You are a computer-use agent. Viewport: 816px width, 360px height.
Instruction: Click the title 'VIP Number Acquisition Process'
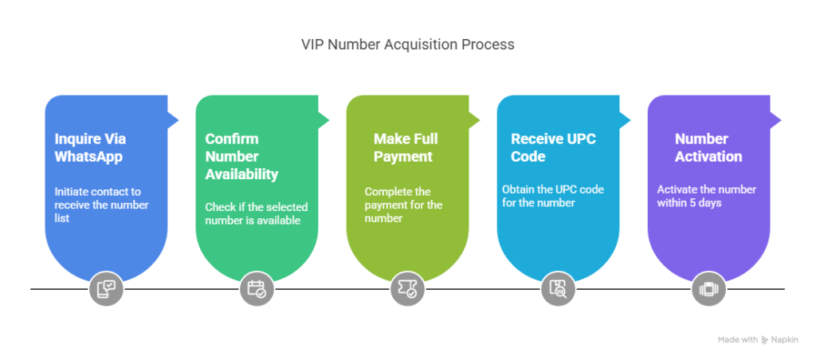[x=407, y=45]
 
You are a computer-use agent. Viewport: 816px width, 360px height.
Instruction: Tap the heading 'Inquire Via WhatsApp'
[x=89, y=147]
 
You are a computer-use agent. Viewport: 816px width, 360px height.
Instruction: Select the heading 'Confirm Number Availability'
[x=241, y=156]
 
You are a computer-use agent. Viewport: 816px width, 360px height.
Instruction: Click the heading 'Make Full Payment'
[x=406, y=147]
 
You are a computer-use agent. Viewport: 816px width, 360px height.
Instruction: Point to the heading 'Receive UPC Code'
[x=553, y=147]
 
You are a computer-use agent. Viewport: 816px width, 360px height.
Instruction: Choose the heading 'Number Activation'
[x=708, y=147]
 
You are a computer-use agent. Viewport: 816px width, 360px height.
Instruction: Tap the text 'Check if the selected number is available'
[x=256, y=213]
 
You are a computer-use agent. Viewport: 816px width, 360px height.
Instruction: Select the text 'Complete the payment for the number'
[x=404, y=205]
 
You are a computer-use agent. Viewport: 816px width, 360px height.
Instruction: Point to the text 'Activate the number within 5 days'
[x=706, y=196]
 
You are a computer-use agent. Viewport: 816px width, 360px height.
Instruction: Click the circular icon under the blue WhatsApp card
[x=106, y=289]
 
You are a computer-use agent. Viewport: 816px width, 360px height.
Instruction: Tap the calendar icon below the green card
[x=257, y=289]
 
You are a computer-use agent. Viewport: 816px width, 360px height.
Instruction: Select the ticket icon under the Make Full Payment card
[x=407, y=289]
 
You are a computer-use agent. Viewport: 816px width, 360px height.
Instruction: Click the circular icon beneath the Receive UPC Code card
[x=558, y=289]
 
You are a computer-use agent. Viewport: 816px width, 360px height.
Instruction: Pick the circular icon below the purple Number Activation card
[x=708, y=289]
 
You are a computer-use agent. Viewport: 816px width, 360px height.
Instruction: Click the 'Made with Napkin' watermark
[x=758, y=339]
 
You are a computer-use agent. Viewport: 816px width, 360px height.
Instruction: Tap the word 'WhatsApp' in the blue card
[x=89, y=157]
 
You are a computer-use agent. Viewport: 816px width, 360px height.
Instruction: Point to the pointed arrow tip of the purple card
[x=783, y=119]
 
